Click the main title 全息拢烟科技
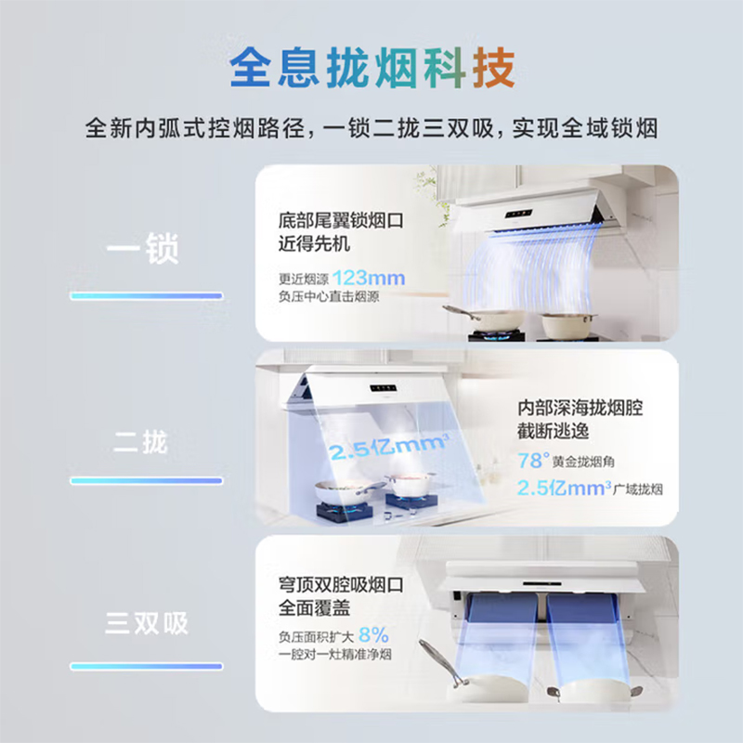371,70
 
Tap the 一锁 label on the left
141,250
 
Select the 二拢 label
141,442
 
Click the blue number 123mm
369,278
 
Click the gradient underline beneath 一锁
147,296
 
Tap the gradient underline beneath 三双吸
147,667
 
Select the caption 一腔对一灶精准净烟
342,656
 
